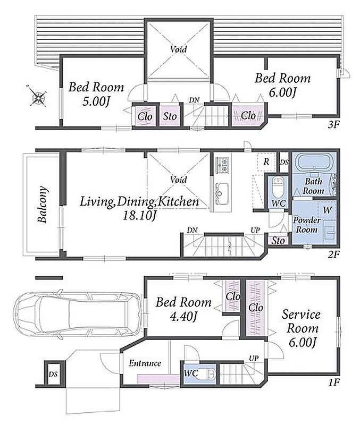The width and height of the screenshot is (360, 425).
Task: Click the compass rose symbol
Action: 37,96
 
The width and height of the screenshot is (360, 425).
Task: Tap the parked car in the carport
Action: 78,314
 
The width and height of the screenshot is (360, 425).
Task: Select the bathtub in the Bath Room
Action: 314,163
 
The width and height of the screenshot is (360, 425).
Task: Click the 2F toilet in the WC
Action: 277,187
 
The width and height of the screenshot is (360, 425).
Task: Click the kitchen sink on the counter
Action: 222,193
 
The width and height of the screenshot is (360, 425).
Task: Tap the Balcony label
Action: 43,205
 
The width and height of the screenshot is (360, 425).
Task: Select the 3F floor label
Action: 333,125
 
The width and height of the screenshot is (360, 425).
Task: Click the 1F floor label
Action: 334,382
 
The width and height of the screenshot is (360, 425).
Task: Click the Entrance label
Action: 145,363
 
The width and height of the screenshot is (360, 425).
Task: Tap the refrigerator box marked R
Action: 266,162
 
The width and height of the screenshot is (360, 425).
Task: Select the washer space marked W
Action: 327,210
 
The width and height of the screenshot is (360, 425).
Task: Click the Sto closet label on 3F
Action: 170,116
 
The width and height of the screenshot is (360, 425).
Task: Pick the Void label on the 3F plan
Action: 179,49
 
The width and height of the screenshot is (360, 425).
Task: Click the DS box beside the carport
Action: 53,375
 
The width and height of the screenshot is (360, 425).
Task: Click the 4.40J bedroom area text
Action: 183,316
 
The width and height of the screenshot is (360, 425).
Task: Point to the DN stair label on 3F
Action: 194,100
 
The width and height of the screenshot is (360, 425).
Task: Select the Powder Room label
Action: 306,225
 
